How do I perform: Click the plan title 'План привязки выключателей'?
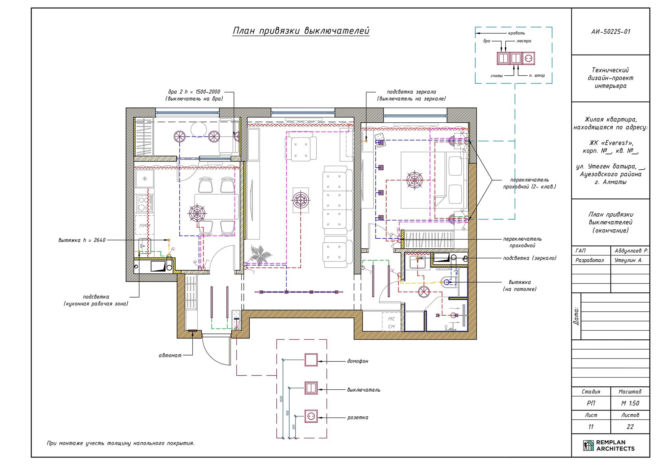[301, 31]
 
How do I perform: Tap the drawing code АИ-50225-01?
[611, 32]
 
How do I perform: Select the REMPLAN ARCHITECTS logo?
[609, 445]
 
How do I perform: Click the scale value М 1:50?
[630, 403]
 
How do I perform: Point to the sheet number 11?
[591, 427]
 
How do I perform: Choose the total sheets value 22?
[630, 427]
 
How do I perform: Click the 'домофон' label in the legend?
[358, 361]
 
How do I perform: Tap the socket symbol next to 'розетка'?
[311, 416]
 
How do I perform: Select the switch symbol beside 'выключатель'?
[311, 388]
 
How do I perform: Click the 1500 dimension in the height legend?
[281, 399]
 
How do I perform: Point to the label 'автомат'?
[170, 355]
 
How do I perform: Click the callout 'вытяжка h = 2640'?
[82, 240]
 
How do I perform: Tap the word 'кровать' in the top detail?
[517, 33]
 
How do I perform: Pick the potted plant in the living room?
[261, 254]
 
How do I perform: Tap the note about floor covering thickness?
[121, 443]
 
